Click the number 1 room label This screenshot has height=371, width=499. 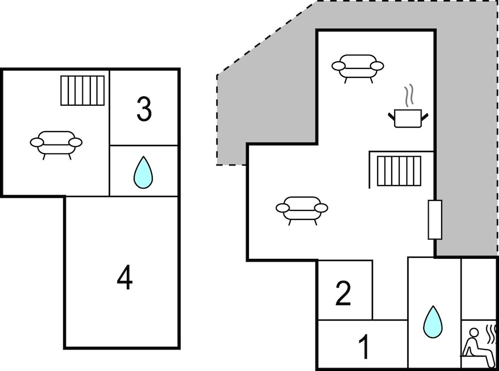click(x=364, y=347)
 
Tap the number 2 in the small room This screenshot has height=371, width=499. click(x=343, y=294)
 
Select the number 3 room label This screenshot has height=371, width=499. click(x=144, y=110)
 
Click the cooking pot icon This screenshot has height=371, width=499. click(x=408, y=118)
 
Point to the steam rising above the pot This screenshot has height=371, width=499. click(x=409, y=95)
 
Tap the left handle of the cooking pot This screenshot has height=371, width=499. click(x=391, y=116)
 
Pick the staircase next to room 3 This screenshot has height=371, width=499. click(x=83, y=90)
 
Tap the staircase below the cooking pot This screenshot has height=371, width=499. click(x=399, y=171)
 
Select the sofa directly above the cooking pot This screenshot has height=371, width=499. click(x=358, y=67)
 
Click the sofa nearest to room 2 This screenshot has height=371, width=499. click(x=302, y=209)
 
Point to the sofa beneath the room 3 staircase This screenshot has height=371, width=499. click(x=56, y=143)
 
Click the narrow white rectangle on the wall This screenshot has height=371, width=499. click(x=435, y=219)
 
